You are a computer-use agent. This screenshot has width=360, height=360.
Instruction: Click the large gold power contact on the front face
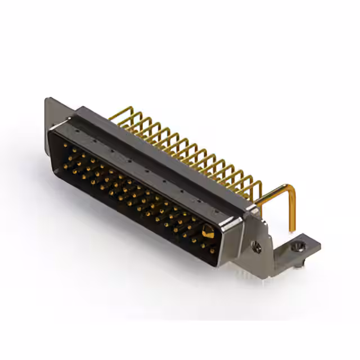pos(207,231)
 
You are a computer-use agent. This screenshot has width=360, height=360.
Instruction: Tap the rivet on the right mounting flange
pos(257,246)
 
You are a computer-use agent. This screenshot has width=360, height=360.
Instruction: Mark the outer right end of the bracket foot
pos(318,244)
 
